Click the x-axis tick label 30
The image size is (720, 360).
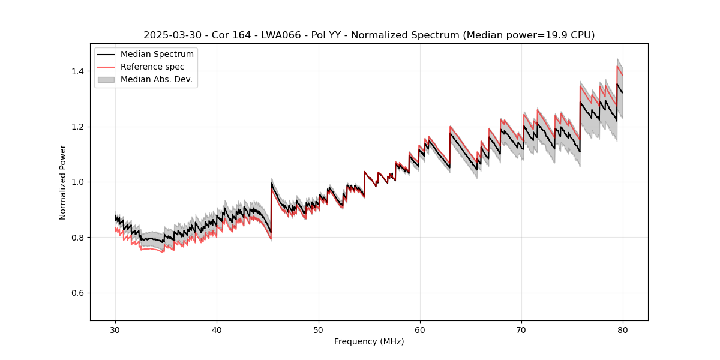click(x=115, y=330)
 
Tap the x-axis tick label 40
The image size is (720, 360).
click(x=217, y=330)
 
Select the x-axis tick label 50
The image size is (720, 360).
click(x=319, y=330)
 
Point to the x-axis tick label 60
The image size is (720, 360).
click(x=420, y=330)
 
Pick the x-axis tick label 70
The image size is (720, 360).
click(x=521, y=330)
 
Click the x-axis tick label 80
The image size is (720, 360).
click(x=623, y=330)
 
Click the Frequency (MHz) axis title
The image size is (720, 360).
click(x=369, y=342)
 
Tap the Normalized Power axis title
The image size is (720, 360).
click(x=63, y=182)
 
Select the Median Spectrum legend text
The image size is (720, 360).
click(x=157, y=55)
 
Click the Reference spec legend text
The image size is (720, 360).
click(x=152, y=67)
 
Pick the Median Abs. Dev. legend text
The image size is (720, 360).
click(x=157, y=79)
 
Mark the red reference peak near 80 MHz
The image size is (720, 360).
click(x=617, y=66)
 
